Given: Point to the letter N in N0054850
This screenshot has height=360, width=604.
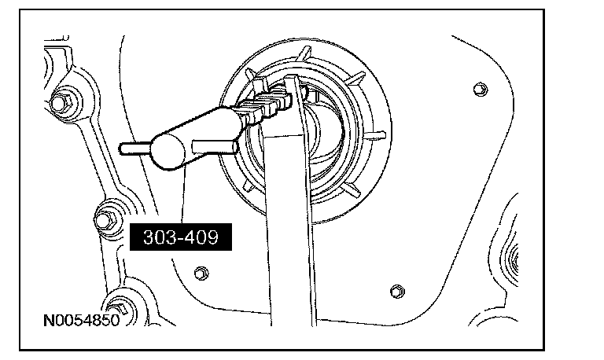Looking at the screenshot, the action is pyautogui.click(x=49, y=322).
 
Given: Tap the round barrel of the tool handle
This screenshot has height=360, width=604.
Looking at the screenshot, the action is pyautogui.click(x=168, y=150).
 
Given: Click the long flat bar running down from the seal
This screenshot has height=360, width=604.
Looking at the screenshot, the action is pyautogui.click(x=289, y=236).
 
